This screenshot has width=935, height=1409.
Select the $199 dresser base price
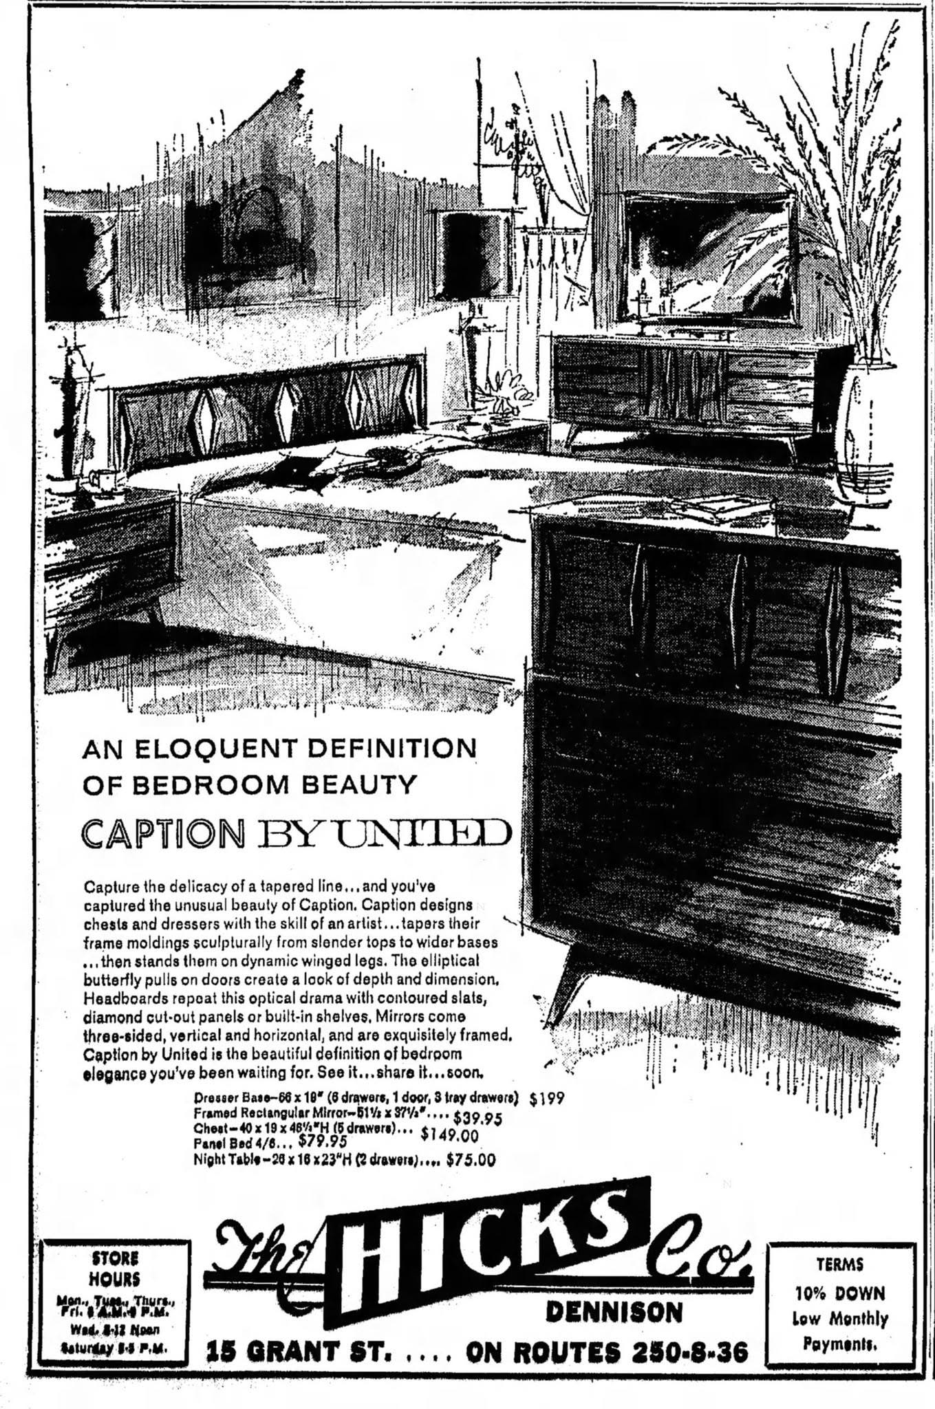coord(547,1098)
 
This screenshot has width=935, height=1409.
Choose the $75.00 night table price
coord(471,1160)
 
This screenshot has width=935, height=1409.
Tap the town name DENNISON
coord(614,1312)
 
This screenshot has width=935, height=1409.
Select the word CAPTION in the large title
coord(163,834)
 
